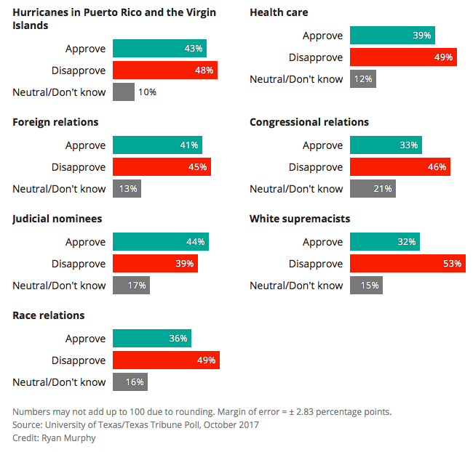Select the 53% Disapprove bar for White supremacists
408,264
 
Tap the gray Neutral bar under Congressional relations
373,189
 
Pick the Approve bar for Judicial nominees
161,242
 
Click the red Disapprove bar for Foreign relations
162,167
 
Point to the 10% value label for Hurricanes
147,92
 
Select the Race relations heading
49,315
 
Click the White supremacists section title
300,219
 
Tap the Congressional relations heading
309,122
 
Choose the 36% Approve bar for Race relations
152,339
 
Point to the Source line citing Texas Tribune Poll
135,425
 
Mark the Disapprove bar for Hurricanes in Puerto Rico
165,70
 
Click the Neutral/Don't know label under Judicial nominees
59,286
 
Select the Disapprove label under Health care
315,57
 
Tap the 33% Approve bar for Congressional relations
386,145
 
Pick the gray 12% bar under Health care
362,79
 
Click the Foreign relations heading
55,122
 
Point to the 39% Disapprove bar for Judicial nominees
155,264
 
